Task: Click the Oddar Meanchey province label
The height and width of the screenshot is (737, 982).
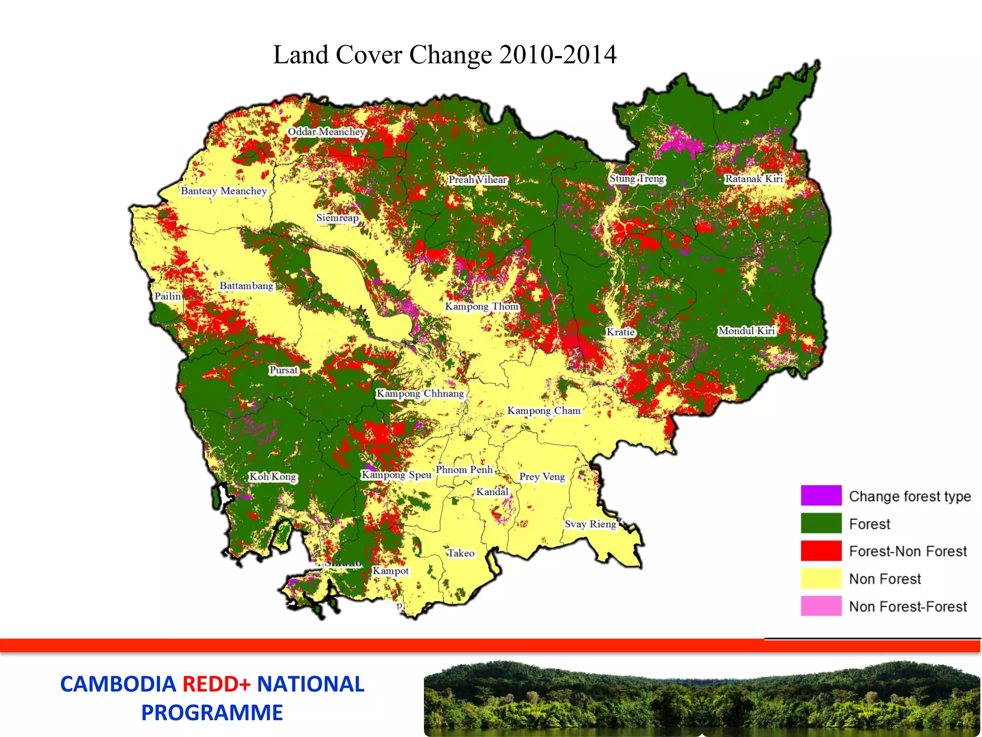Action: pos(327,131)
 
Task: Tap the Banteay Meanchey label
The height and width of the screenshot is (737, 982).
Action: pos(223,191)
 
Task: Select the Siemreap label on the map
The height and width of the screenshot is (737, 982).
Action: pos(337,218)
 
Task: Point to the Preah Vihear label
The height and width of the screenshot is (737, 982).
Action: pos(478,179)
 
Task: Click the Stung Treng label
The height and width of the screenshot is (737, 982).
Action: pos(637,178)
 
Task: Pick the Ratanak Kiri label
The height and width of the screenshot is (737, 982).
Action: pos(754,179)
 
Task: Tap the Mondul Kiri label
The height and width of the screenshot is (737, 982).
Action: pos(747,331)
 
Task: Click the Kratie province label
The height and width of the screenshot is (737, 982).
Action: pos(620,332)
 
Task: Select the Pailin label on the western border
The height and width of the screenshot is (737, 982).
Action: pos(167,296)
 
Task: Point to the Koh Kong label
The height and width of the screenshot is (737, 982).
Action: pos(273,476)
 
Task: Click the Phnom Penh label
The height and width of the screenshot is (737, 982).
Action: pos(464,470)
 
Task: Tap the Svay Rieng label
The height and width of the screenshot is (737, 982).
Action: pos(590,524)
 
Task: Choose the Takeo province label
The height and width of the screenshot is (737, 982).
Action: pos(461,553)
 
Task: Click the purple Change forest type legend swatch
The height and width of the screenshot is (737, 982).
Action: pos(821,495)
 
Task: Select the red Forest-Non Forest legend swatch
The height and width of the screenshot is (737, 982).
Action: pos(821,550)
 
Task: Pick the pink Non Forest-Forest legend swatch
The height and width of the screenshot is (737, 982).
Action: pos(821,606)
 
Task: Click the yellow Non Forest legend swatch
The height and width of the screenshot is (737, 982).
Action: pos(821,578)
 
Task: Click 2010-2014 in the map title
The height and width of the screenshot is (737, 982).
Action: pos(558,55)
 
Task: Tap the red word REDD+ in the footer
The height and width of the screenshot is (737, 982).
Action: pos(217,684)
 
